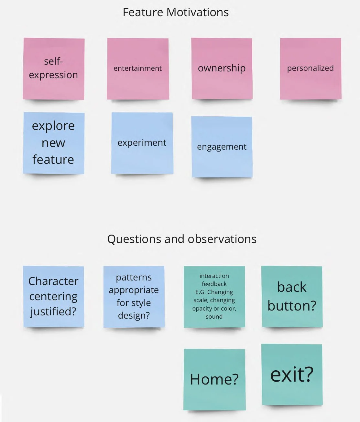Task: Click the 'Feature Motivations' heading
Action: (x=176, y=12)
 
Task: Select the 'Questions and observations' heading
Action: (x=182, y=239)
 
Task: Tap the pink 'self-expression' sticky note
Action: (x=53, y=69)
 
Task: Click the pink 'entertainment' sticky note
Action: (x=138, y=69)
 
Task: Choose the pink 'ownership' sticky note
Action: (x=222, y=69)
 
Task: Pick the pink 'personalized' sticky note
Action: (x=310, y=69)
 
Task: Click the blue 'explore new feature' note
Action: (x=53, y=143)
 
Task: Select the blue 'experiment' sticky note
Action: (x=142, y=143)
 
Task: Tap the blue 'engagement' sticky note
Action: (x=222, y=147)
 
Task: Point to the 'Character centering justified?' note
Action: (x=53, y=296)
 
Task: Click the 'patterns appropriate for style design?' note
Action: (x=134, y=296)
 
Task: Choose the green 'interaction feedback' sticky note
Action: (x=214, y=296)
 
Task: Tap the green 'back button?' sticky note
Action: (x=292, y=296)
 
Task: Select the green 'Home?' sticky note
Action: (x=214, y=379)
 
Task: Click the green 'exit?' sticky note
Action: (x=292, y=375)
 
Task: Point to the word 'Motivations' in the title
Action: (x=198, y=12)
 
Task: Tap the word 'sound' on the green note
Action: (x=214, y=317)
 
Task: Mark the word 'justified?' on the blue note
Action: (x=53, y=311)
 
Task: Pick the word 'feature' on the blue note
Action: (x=53, y=160)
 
